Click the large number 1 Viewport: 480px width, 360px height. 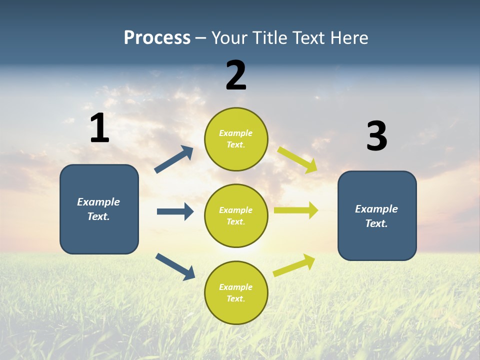(99, 128)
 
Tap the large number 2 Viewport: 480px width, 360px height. (236, 75)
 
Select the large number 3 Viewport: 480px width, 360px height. (376, 136)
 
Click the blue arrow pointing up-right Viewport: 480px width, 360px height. (174, 159)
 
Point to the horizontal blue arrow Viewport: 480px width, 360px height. (175, 211)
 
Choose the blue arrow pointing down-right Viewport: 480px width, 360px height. (175, 266)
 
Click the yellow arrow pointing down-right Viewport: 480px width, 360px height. (297, 159)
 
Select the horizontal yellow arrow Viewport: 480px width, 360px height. (296, 210)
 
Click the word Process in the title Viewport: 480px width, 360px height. (157, 38)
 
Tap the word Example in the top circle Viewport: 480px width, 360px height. (236, 133)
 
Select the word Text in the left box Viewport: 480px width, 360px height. (98, 216)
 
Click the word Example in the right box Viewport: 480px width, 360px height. (376, 209)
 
